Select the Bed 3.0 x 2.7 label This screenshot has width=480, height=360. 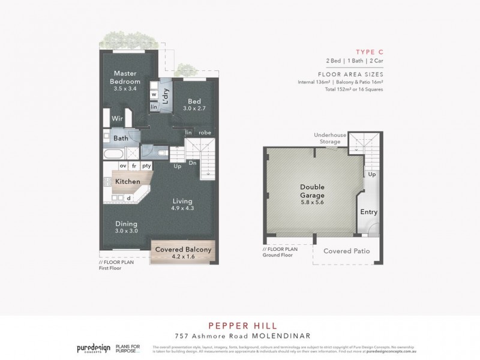(x=194, y=104)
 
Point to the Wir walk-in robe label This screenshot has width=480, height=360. (x=117, y=119)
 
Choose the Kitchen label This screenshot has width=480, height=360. (x=127, y=181)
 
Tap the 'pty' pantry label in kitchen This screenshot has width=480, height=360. (x=146, y=166)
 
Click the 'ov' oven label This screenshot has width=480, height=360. (x=122, y=166)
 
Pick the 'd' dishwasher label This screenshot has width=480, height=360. (x=129, y=197)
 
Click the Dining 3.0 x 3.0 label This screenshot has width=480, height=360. (x=127, y=227)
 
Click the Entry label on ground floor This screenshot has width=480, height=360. (x=368, y=212)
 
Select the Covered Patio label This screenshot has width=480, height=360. (x=346, y=251)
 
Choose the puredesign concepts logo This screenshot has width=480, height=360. (x=94, y=347)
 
